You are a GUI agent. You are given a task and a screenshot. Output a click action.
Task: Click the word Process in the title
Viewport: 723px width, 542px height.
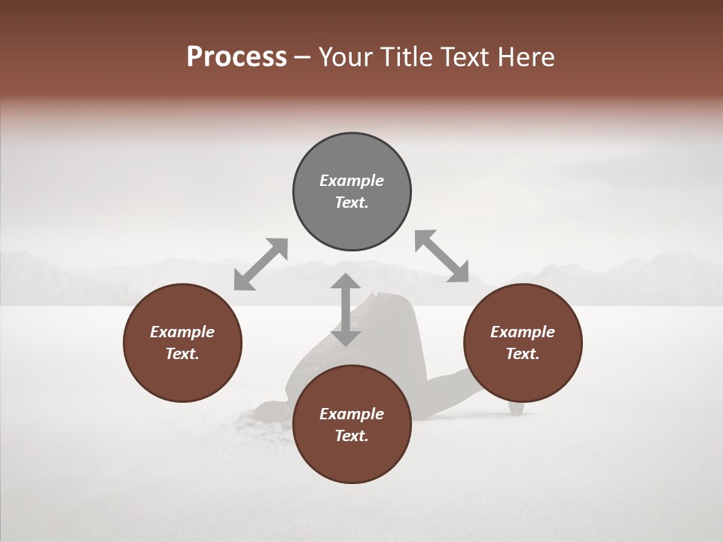click(x=236, y=56)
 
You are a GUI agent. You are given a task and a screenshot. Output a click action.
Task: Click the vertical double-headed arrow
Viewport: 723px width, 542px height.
click(x=346, y=309)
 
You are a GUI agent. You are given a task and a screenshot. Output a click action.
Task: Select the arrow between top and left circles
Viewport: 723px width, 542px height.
click(x=261, y=264)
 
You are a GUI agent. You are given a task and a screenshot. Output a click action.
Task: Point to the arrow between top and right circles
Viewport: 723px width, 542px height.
click(x=441, y=257)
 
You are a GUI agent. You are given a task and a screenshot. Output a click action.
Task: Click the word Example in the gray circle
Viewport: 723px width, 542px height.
click(x=352, y=181)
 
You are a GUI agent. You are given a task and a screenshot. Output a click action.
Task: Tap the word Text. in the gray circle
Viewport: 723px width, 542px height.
click(x=352, y=202)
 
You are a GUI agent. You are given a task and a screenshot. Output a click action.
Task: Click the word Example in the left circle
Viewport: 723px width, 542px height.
click(x=182, y=332)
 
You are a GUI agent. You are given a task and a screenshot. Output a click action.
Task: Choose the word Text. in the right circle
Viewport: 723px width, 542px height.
click(x=523, y=354)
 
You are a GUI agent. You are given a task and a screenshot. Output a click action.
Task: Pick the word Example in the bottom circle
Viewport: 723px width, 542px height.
click(x=352, y=414)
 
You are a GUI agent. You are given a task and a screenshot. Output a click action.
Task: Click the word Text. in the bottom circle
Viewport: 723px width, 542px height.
click(x=352, y=436)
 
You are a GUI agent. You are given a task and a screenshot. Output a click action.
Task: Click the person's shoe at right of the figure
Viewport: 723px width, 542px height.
click(x=516, y=407)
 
